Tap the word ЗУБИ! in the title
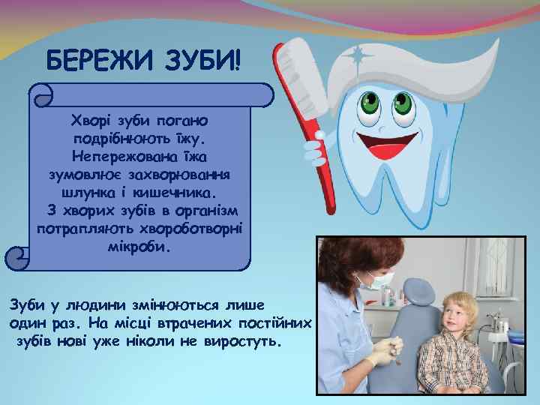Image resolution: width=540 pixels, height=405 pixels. click(x=202, y=59)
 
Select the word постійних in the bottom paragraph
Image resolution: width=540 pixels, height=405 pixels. click(x=280, y=324)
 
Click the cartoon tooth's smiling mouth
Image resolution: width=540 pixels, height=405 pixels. click(x=391, y=142)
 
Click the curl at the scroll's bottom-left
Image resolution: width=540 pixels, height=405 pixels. click(x=16, y=259)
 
